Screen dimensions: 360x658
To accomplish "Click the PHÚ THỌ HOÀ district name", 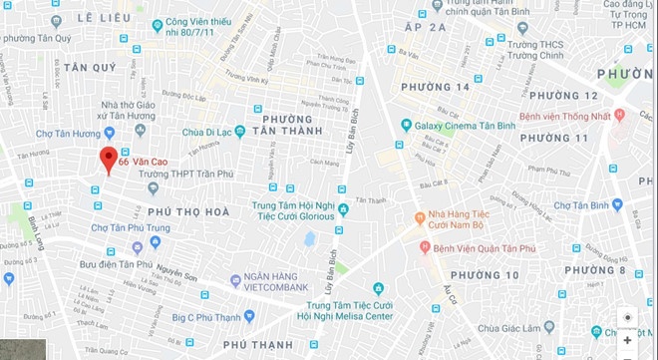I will tap(187, 212).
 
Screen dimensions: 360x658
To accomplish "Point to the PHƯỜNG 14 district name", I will tap(435, 88).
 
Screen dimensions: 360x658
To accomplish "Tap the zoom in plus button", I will tap(627, 339).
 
